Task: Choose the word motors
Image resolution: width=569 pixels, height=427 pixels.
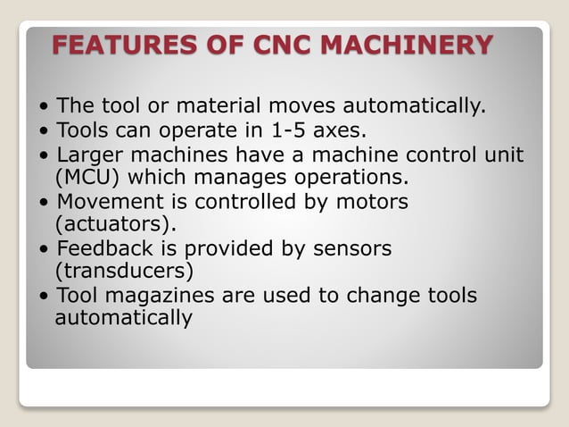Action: (366, 202)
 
